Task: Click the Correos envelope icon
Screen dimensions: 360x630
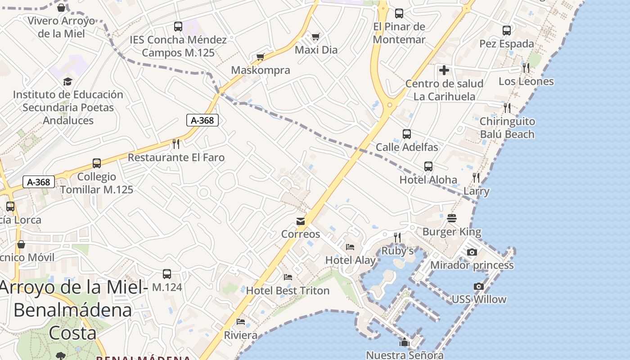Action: (300, 221)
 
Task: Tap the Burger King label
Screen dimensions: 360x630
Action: (452, 232)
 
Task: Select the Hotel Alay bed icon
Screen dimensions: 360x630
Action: (350, 247)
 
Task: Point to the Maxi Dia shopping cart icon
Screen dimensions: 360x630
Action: (316, 36)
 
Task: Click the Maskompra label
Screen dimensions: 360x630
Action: (261, 70)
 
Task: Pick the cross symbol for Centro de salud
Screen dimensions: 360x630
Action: (444, 70)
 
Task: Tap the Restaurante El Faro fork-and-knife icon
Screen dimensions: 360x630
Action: (176, 144)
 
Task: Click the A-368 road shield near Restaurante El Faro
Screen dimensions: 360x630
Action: (202, 120)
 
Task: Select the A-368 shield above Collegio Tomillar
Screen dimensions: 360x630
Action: (39, 182)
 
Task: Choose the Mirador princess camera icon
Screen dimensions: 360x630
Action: (472, 252)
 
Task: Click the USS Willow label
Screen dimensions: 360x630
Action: (479, 299)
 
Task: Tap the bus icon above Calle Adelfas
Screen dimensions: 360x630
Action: (407, 134)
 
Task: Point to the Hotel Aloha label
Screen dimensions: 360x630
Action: (428, 180)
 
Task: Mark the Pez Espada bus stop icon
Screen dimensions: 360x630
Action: (507, 31)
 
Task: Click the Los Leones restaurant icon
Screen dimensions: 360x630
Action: (526, 68)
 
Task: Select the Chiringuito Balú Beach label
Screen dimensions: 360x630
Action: (507, 128)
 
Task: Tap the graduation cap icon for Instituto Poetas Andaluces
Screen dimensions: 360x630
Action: (67, 81)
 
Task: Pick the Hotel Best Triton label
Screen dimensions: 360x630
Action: (288, 291)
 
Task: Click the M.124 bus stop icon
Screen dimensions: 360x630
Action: (167, 274)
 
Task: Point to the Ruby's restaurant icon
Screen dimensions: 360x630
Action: (397, 237)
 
